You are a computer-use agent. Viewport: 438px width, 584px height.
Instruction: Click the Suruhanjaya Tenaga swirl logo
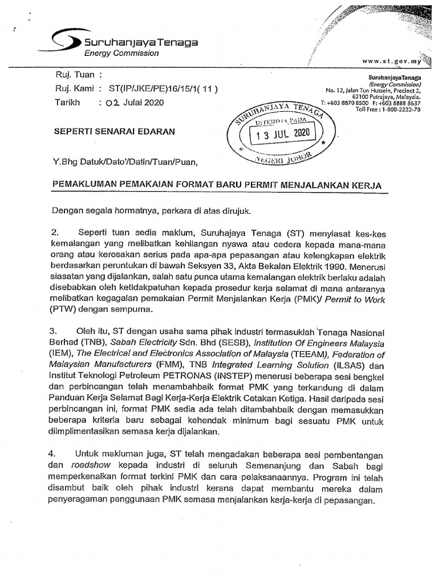(x=66, y=41)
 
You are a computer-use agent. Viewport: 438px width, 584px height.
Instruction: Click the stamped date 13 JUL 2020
(x=281, y=135)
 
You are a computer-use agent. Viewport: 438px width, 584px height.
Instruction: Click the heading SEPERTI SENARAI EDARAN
(x=114, y=131)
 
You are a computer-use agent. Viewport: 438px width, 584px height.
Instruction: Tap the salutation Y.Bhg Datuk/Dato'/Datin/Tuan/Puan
(x=125, y=163)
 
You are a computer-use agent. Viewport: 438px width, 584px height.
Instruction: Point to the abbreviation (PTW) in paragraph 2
(x=64, y=309)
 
